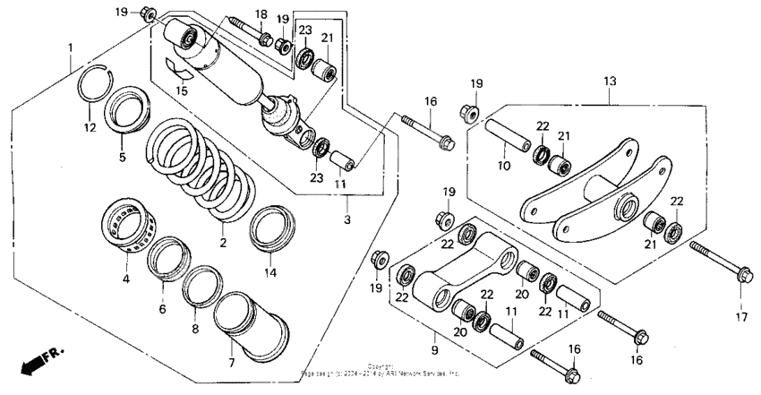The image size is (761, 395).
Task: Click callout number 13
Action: coord(610,82)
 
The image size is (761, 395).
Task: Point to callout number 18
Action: coord(261,13)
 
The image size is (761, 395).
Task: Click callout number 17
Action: coord(740,315)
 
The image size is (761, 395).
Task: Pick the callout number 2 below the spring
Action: coord(225,242)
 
